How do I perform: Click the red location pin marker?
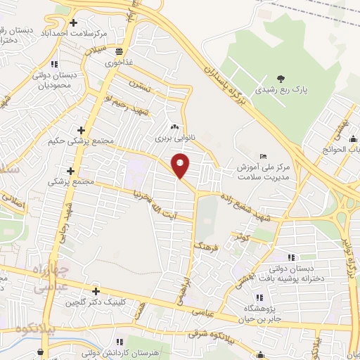pyautogui.click(x=181, y=165)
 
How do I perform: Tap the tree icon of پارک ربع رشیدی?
pyautogui.click(x=281, y=78)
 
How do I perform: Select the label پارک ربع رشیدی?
pyautogui.click(x=281, y=90)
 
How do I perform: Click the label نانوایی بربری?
pyautogui.click(x=173, y=139)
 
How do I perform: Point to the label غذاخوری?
pyautogui.click(x=120, y=62)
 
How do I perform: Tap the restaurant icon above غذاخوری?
pyautogui.click(x=120, y=51)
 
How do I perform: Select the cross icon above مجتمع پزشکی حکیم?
pyautogui.click(x=82, y=130)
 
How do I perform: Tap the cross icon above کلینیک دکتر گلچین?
pyautogui.click(x=96, y=291)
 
